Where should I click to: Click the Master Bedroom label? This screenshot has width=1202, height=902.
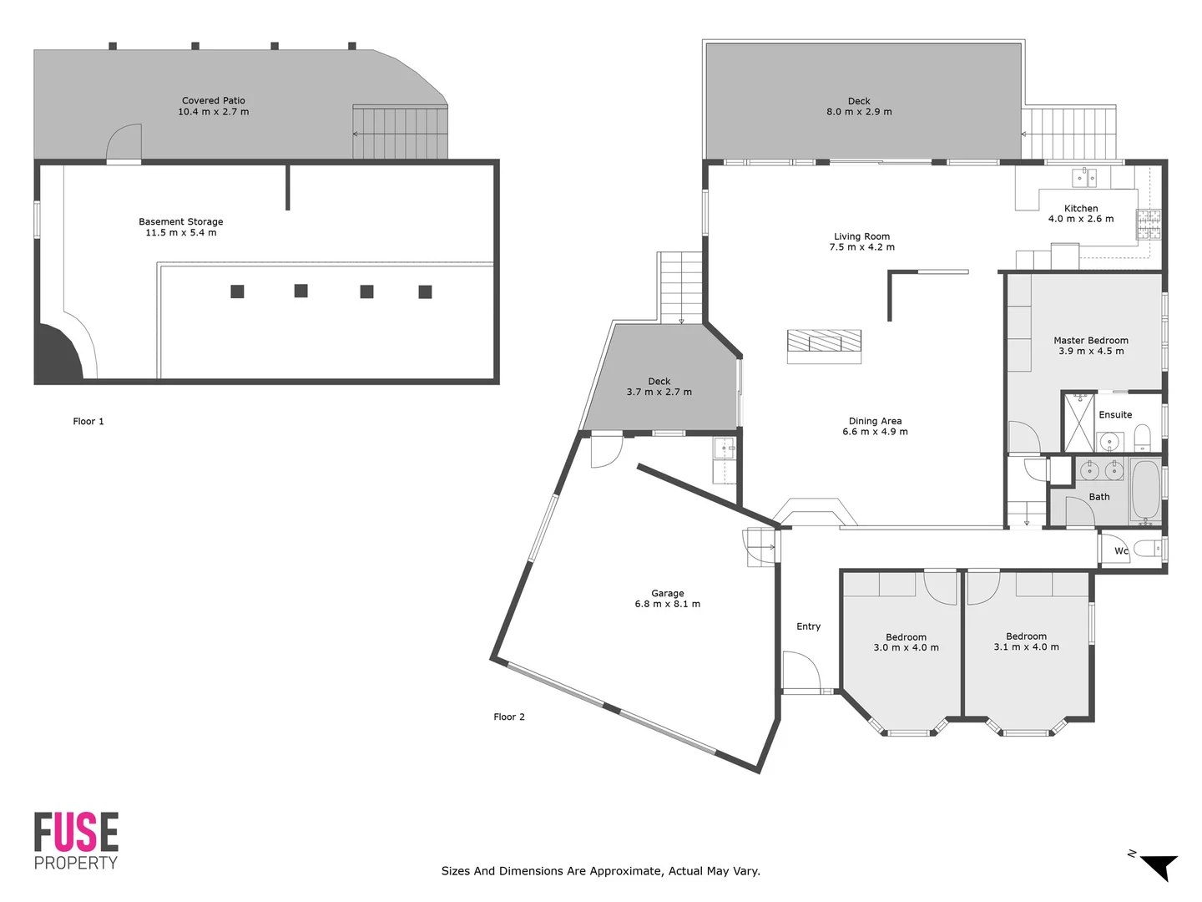[x=1090, y=341]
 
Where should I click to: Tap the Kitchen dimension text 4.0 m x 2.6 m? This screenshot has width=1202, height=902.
[x=1081, y=219]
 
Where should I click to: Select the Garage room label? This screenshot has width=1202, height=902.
[x=667, y=593]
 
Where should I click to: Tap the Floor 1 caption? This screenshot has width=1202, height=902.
[x=88, y=422]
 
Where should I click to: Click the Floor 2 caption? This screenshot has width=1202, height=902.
[x=509, y=717]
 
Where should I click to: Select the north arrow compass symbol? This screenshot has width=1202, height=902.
[x=1157, y=865]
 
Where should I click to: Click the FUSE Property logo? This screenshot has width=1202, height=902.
[x=76, y=840]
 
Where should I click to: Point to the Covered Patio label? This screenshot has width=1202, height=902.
[x=214, y=101]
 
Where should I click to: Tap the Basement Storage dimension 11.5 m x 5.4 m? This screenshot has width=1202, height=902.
[x=181, y=233]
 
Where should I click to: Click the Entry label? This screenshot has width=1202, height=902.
[x=808, y=626]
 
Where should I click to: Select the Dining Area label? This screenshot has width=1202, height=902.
[x=875, y=422]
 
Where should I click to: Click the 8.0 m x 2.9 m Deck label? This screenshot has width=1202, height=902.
[x=859, y=106]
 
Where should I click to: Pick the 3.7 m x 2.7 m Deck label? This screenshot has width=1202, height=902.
[x=659, y=387]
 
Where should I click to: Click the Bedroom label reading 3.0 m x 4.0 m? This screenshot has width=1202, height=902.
[x=906, y=642]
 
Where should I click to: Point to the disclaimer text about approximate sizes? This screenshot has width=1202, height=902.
[x=600, y=871]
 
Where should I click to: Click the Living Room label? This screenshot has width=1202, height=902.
[x=861, y=236]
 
